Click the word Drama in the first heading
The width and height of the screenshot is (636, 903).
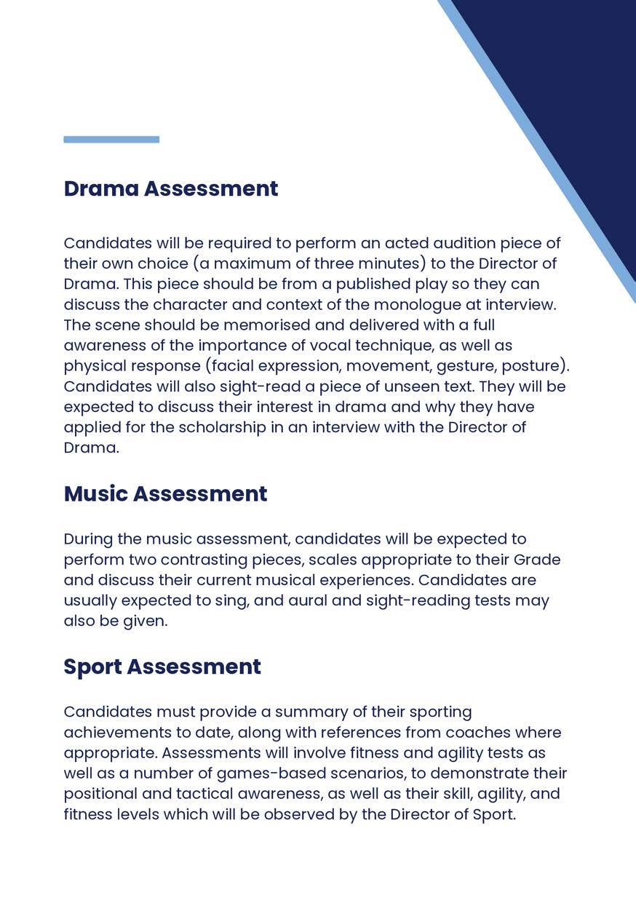click(100, 188)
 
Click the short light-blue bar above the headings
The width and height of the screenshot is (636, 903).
click(111, 140)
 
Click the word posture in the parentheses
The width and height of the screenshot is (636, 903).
click(530, 365)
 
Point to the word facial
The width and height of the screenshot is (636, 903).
click(230, 365)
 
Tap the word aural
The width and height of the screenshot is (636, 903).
click(309, 601)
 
